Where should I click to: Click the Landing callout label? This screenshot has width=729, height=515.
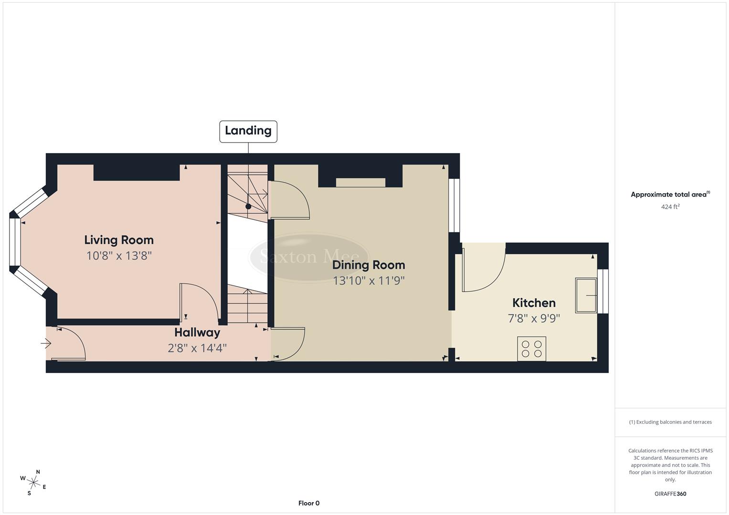(248, 131)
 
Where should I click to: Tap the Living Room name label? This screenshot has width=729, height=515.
(119, 240)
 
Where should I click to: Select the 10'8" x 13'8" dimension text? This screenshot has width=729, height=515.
(119, 256)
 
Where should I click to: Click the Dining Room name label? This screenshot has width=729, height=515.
(369, 265)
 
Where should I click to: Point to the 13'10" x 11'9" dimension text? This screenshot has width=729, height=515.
(369, 281)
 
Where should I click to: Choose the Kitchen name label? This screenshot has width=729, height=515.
(534, 303)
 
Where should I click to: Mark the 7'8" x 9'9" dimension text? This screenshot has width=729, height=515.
(534, 319)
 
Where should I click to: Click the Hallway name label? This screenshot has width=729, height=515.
(197, 332)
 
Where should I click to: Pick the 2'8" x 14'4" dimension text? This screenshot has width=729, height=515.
(197, 348)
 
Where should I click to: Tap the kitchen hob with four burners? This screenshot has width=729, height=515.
(532, 349)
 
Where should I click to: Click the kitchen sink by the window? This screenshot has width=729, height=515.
(586, 296)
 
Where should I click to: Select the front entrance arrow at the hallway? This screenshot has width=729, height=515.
(46, 343)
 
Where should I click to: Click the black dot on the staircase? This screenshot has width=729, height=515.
(248, 206)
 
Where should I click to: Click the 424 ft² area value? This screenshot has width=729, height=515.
(670, 207)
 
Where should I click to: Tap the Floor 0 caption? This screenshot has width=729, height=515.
(309, 503)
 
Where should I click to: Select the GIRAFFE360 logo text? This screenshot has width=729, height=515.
(670, 494)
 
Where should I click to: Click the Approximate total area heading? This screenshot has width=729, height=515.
(670, 195)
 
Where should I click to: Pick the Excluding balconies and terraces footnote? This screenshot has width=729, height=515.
(670, 422)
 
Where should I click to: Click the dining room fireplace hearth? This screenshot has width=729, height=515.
(360, 183)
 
